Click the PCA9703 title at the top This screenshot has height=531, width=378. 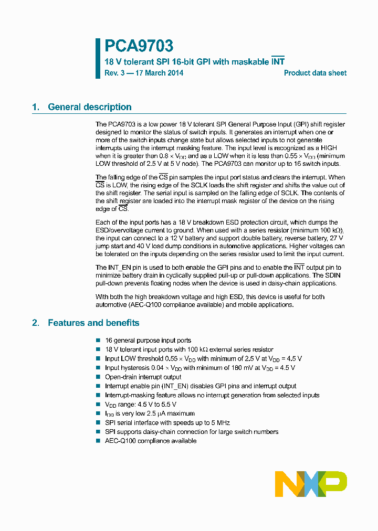pos(139,47)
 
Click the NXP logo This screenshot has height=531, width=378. pos(311,483)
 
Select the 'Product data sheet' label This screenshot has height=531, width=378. pos(315,73)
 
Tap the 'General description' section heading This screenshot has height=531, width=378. pos(89,107)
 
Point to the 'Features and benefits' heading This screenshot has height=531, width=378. pos(93,323)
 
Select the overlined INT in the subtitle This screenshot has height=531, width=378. pos(278,61)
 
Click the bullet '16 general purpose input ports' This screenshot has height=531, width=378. pos(148,340)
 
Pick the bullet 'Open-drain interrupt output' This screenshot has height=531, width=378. pos(143,377)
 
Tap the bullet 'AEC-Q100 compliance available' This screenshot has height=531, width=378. pos(150,441)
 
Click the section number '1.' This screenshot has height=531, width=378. pos(36,107)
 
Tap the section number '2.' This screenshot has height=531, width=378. pos(36,323)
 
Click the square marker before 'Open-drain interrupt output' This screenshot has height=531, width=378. pos(98,377)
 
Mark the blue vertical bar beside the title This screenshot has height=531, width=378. pos(98,58)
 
